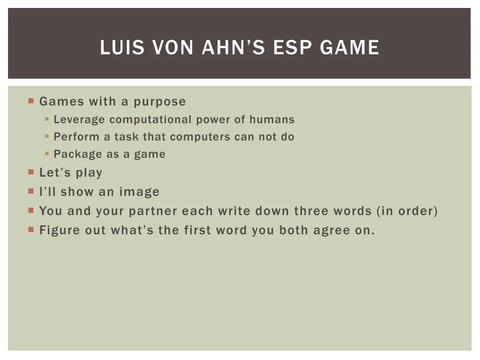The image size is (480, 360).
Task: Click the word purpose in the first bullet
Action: [160, 101]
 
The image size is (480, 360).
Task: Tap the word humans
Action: [272, 120]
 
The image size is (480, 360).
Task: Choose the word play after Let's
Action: [89, 172]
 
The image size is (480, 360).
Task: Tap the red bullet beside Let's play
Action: [31, 172]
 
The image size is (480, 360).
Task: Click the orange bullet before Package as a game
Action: [47, 154]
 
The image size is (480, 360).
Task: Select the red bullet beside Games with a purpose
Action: [31, 101]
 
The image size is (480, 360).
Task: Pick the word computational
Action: [150, 120]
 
